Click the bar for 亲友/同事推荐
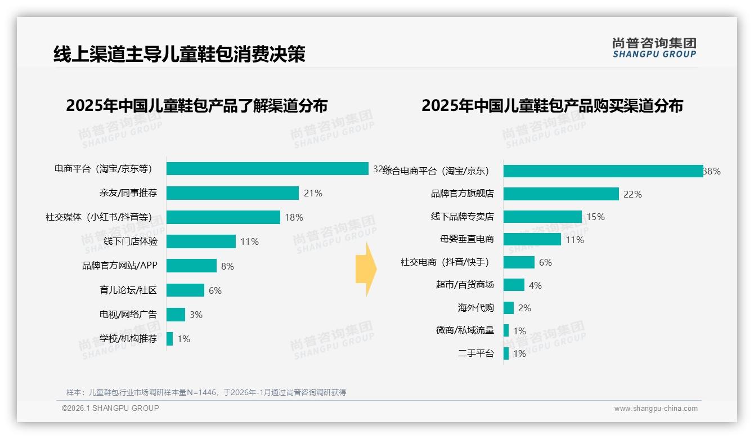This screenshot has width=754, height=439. (x=232, y=193)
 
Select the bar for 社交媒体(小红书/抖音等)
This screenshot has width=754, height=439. (x=223, y=217)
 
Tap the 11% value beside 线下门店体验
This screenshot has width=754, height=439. (x=249, y=242)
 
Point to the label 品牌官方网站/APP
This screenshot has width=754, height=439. (x=119, y=266)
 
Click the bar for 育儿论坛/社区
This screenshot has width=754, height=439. (x=185, y=290)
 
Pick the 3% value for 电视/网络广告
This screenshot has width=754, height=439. (x=196, y=315)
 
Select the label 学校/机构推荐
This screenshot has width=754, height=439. (x=128, y=339)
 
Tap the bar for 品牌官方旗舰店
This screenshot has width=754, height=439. (x=561, y=194)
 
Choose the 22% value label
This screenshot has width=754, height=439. (x=632, y=194)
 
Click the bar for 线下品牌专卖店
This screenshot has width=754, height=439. (x=542, y=217)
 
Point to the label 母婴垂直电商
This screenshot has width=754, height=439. (x=466, y=239)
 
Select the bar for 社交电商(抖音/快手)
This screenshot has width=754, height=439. (x=519, y=262)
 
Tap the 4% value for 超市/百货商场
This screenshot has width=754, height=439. (x=535, y=286)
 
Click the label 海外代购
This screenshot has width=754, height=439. (x=475, y=308)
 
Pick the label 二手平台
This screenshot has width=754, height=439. (x=475, y=353)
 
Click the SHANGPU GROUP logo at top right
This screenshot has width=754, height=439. (x=654, y=47)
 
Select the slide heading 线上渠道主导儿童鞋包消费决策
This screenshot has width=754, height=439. (x=179, y=54)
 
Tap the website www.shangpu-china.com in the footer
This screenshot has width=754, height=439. (x=656, y=409)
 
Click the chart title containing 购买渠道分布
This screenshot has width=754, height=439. (x=552, y=106)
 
